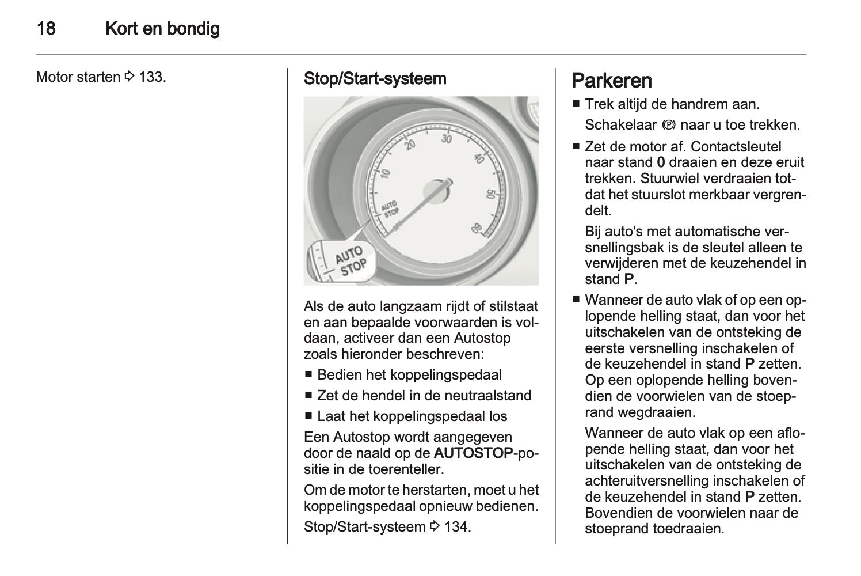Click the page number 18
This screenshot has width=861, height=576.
click(46, 28)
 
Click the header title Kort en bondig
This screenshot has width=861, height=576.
click(162, 28)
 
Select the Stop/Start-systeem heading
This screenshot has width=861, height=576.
click(375, 78)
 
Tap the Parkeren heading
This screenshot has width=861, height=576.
click(612, 80)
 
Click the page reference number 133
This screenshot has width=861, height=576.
click(151, 76)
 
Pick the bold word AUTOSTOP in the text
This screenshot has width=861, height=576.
click(473, 453)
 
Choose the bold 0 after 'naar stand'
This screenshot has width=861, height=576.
click(660, 162)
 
